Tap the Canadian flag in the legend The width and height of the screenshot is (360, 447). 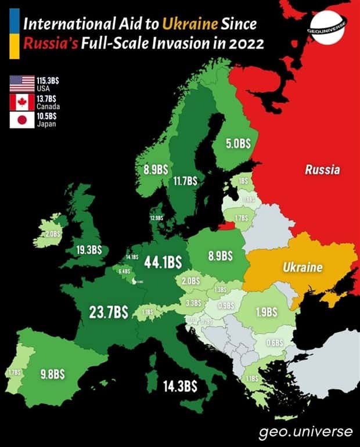tap(22, 102)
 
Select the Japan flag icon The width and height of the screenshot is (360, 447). tap(22, 120)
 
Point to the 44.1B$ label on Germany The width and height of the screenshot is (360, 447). tap(164, 262)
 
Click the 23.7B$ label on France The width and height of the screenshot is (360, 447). tap(109, 312)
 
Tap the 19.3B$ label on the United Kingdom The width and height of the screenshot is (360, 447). tap(89, 250)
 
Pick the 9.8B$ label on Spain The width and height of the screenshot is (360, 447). tap(52, 374)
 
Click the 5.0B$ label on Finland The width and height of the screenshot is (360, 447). tap(238, 144)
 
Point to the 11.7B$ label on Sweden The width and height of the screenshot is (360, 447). tap(185, 181)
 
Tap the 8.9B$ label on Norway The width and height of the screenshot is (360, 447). tap(156, 170)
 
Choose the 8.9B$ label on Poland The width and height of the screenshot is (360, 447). tap(220, 255)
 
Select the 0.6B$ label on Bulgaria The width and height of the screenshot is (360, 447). tap(274, 343)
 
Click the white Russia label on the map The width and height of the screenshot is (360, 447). tap(322, 170)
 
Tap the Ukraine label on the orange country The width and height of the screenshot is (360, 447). tap(302, 268)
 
